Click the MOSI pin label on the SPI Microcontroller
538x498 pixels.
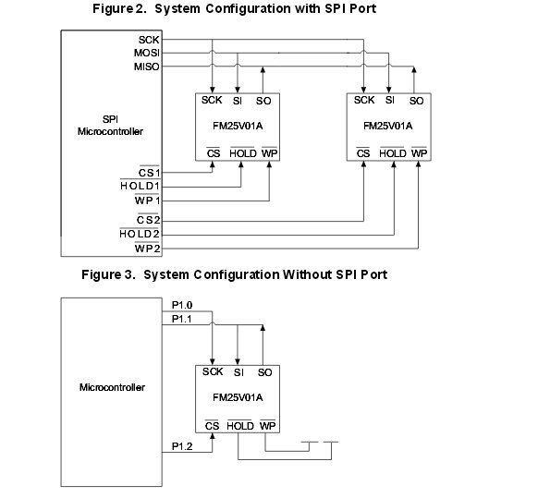point(146,53)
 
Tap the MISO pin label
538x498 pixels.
point(146,67)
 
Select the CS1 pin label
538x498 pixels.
point(149,173)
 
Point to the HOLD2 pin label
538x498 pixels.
point(140,235)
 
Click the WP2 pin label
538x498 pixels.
point(147,249)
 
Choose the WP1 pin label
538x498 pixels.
point(147,200)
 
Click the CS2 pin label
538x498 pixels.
point(149,220)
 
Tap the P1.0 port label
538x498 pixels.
point(182,305)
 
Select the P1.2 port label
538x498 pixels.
point(182,446)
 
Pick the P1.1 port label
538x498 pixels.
point(182,319)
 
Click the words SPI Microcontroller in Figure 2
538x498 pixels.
point(110,125)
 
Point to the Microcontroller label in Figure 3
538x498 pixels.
point(112,387)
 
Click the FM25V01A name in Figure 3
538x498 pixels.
point(238,397)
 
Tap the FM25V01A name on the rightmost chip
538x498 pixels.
point(387,127)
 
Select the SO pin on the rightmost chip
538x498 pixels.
point(416,101)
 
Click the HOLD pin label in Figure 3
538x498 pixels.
point(240,426)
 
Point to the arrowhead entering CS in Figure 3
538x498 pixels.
point(213,436)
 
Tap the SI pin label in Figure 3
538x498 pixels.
point(238,372)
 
